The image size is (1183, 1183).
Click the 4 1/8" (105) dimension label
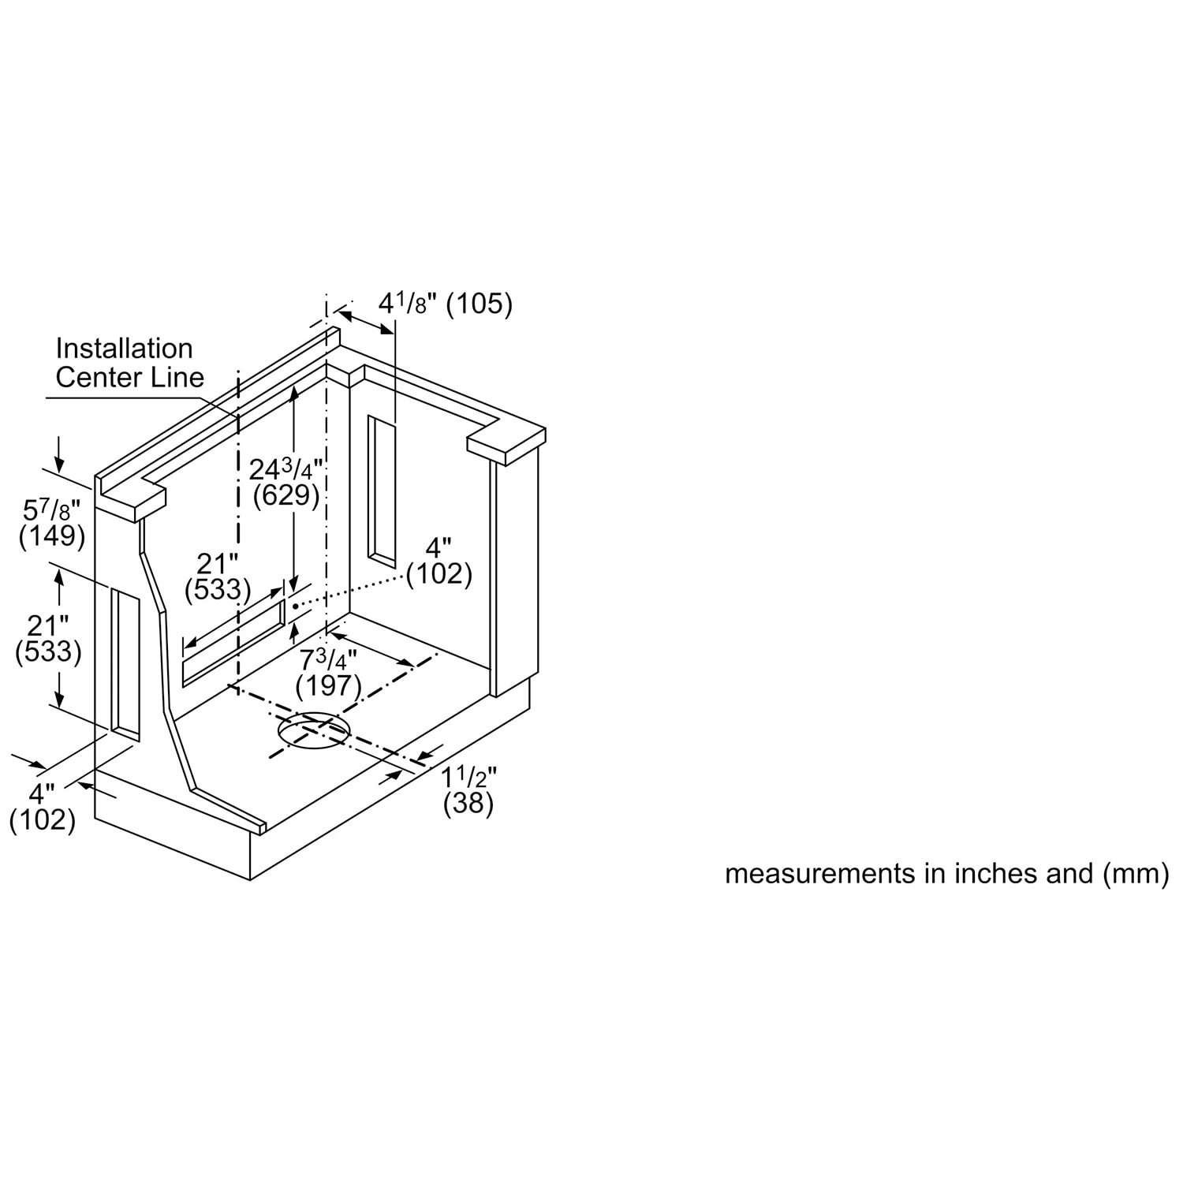446,304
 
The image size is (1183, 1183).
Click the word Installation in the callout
124,349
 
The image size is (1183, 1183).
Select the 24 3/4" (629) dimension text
285,482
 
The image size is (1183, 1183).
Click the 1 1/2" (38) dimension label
468,790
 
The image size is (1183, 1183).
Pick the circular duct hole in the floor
313,729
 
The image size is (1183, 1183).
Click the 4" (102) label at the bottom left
43,806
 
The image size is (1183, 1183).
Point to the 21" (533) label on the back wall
218,577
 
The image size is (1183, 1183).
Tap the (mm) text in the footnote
1132,874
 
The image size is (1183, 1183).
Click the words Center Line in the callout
130,377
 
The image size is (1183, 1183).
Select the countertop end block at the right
506,443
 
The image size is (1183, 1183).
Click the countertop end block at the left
131,502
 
